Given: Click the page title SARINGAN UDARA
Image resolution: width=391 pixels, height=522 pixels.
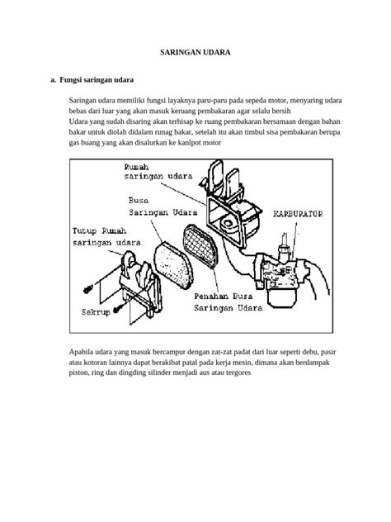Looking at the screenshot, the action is (x=195, y=52).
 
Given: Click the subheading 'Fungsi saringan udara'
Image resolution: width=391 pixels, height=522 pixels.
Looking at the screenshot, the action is (x=97, y=80).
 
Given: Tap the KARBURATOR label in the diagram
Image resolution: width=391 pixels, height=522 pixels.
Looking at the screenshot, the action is (x=298, y=214).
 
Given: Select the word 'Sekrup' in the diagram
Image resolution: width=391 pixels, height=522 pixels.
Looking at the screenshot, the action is (x=96, y=312).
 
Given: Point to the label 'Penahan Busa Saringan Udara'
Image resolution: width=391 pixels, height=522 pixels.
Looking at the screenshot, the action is (x=228, y=302).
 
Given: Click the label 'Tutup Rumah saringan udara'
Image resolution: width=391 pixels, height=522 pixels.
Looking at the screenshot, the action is (x=106, y=237).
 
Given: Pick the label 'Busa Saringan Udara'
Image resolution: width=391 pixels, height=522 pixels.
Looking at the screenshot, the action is (x=163, y=206).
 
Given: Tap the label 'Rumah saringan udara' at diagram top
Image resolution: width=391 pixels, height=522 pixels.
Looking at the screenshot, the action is (x=158, y=172).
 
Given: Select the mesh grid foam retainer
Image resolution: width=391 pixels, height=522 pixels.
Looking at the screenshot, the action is (x=200, y=245).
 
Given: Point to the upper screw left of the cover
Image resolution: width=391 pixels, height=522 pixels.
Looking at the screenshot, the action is (x=88, y=289).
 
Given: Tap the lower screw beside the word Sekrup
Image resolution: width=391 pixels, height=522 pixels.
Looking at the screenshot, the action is (x=117, y=309).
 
